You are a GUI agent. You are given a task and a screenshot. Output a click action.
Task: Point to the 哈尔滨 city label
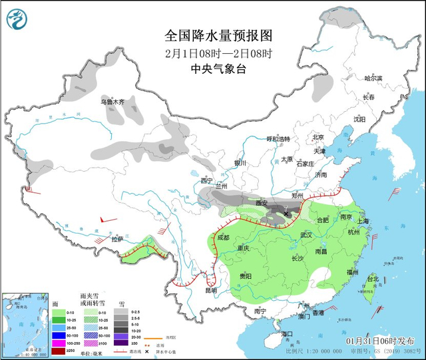click(373, 79)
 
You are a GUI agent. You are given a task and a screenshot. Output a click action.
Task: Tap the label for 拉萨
click(118, 239)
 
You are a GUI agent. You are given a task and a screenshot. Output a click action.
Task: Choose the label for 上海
click(363, 222)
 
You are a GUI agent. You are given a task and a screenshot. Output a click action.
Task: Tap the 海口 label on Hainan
click(287, 333)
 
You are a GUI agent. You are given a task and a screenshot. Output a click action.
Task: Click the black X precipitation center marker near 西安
click(287, 214)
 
